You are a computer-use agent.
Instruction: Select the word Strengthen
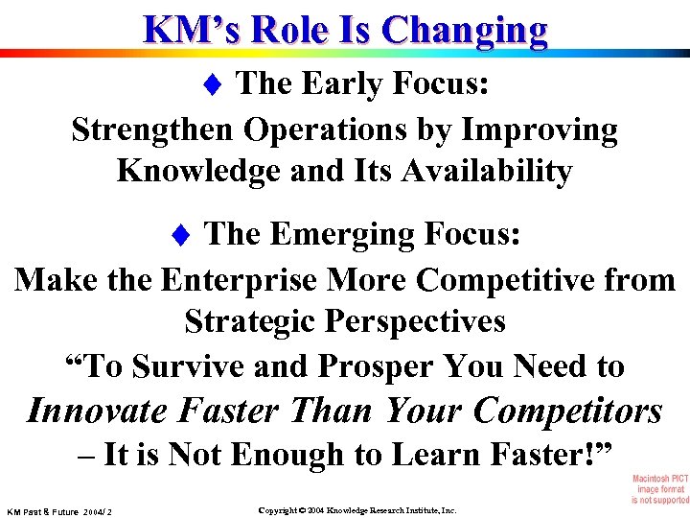tap(153, 129)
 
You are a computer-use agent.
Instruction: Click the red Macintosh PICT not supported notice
tap(659, 488)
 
